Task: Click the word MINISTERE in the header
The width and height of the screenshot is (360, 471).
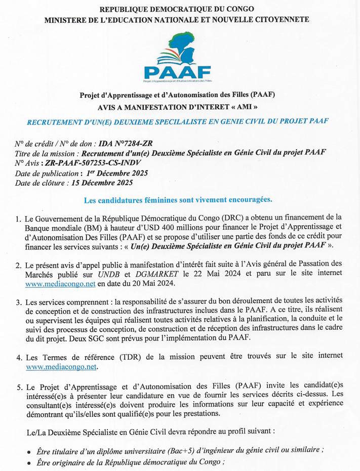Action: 68,20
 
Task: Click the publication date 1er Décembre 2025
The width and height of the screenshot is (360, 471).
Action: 117,173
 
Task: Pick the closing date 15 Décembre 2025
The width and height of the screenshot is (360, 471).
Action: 102,183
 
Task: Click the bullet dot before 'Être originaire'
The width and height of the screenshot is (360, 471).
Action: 29,463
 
